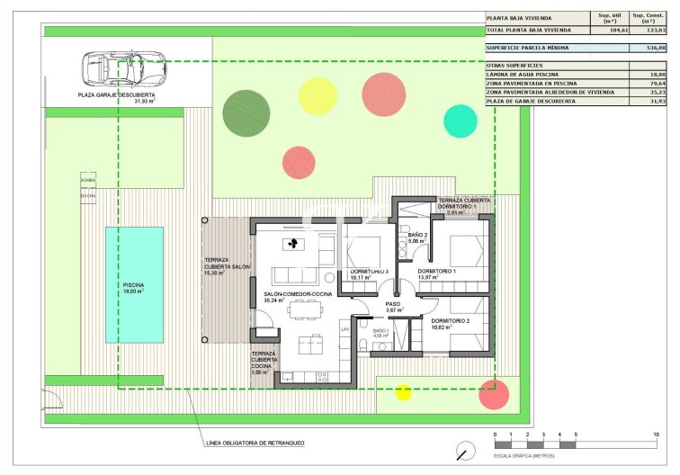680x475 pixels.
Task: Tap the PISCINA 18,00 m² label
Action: point(134,289)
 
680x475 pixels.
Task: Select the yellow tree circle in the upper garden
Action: point(317,95)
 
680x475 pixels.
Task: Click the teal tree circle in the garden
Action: point(460,121)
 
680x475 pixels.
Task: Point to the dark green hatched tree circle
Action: point(246,110)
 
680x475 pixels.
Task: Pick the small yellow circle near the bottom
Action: point(403,390)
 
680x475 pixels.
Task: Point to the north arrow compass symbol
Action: point(465,450)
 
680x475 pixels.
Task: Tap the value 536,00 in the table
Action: point(655,48)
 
